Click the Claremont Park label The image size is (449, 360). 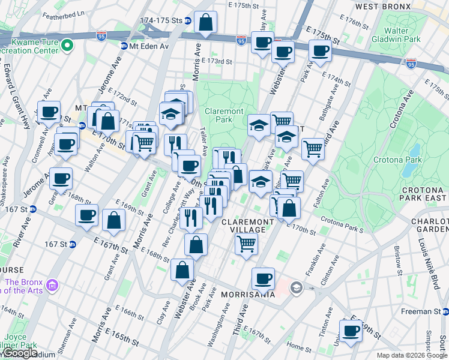tap(224, 115)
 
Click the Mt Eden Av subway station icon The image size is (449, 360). tap(124, 46)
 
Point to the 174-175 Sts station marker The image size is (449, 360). tap(188, 20)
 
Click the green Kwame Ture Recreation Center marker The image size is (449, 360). tap(68, 45)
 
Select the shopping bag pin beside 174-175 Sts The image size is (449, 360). tap(206, 24)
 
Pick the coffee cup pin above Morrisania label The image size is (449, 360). tap(263, 278)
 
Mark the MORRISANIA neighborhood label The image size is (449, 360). tap(248, 295)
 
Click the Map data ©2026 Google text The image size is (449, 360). tap(411, 355)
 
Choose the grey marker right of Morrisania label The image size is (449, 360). tap(296, 289)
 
